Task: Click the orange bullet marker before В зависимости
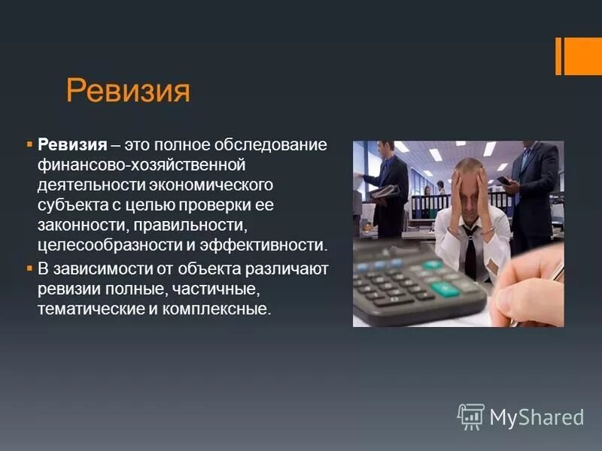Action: pyautogui.click(x=29, y=268)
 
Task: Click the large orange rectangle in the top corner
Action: pyautogui.click(x=582, y=56)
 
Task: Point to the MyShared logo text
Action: pyautogui.click(x=537, y=417)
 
